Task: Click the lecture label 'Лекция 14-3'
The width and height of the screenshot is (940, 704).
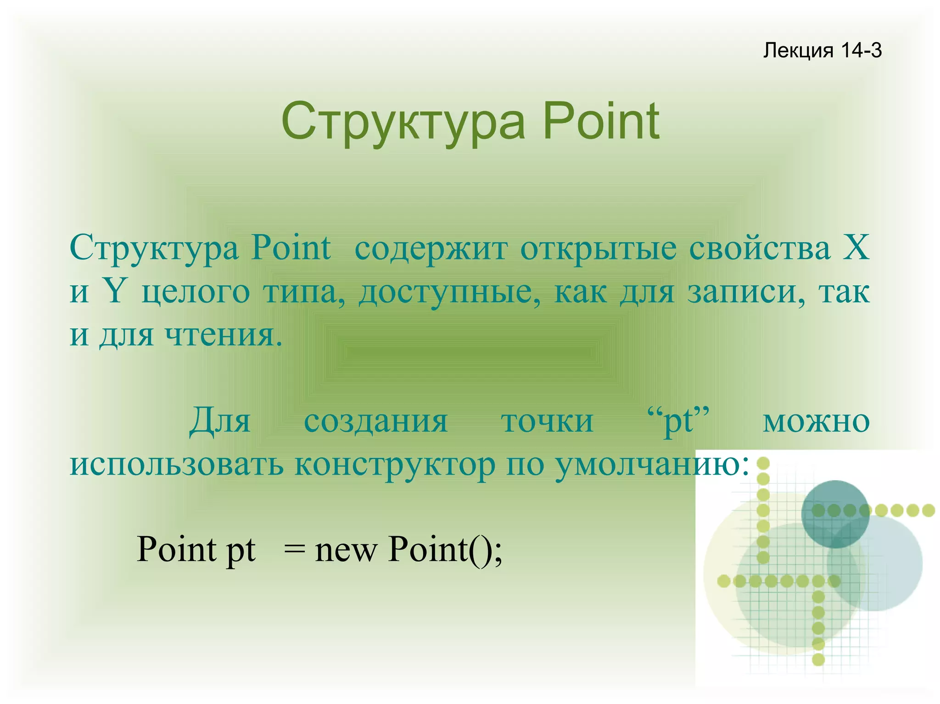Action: [822, 50]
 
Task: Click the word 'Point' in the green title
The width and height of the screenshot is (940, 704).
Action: [601, 122]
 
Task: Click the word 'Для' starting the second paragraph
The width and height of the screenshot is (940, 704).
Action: [220, 421]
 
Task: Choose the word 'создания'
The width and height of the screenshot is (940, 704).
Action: [375, 421]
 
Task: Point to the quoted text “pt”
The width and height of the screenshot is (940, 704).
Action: [678, 421]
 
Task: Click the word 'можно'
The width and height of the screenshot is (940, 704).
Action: [816, 421]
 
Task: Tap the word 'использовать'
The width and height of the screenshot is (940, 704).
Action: [177, 464]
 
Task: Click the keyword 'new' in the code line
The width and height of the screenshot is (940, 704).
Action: [345, 550]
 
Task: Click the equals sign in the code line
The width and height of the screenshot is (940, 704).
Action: [294, 550]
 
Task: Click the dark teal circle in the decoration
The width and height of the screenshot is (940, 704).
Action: [835, 514]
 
